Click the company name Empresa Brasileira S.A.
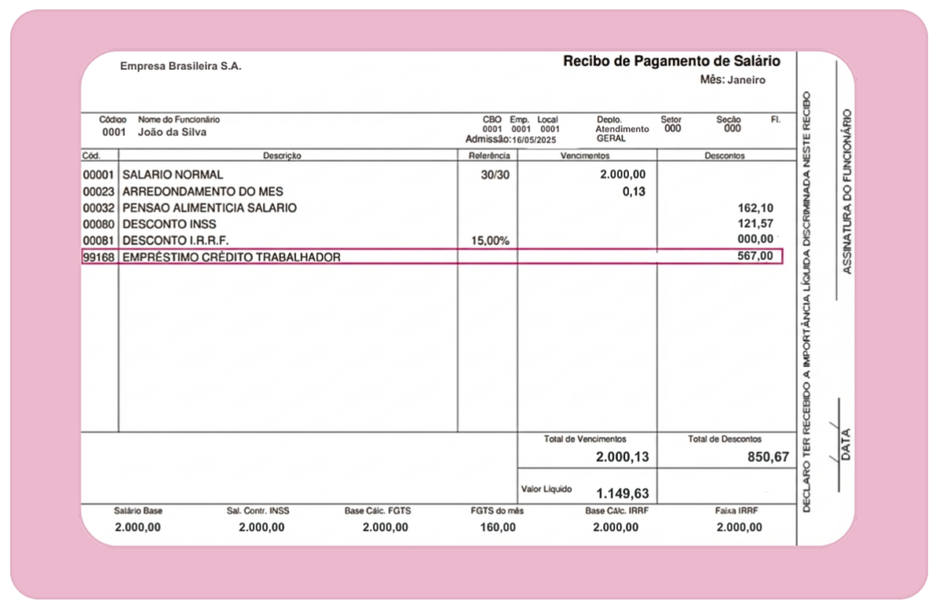(180, 66)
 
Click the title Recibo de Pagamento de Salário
(671, 61)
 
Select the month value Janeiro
(746, 80)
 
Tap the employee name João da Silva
(172, 132)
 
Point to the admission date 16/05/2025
(534, 140)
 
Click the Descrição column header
(282, 155)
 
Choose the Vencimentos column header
(586, 155)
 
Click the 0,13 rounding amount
(633, 191)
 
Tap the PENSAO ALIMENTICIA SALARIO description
(209, 208)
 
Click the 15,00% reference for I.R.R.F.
(489, 240)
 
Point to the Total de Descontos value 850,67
(767, 456)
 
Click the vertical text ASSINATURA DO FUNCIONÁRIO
(846, 192)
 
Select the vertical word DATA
(846, 443)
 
